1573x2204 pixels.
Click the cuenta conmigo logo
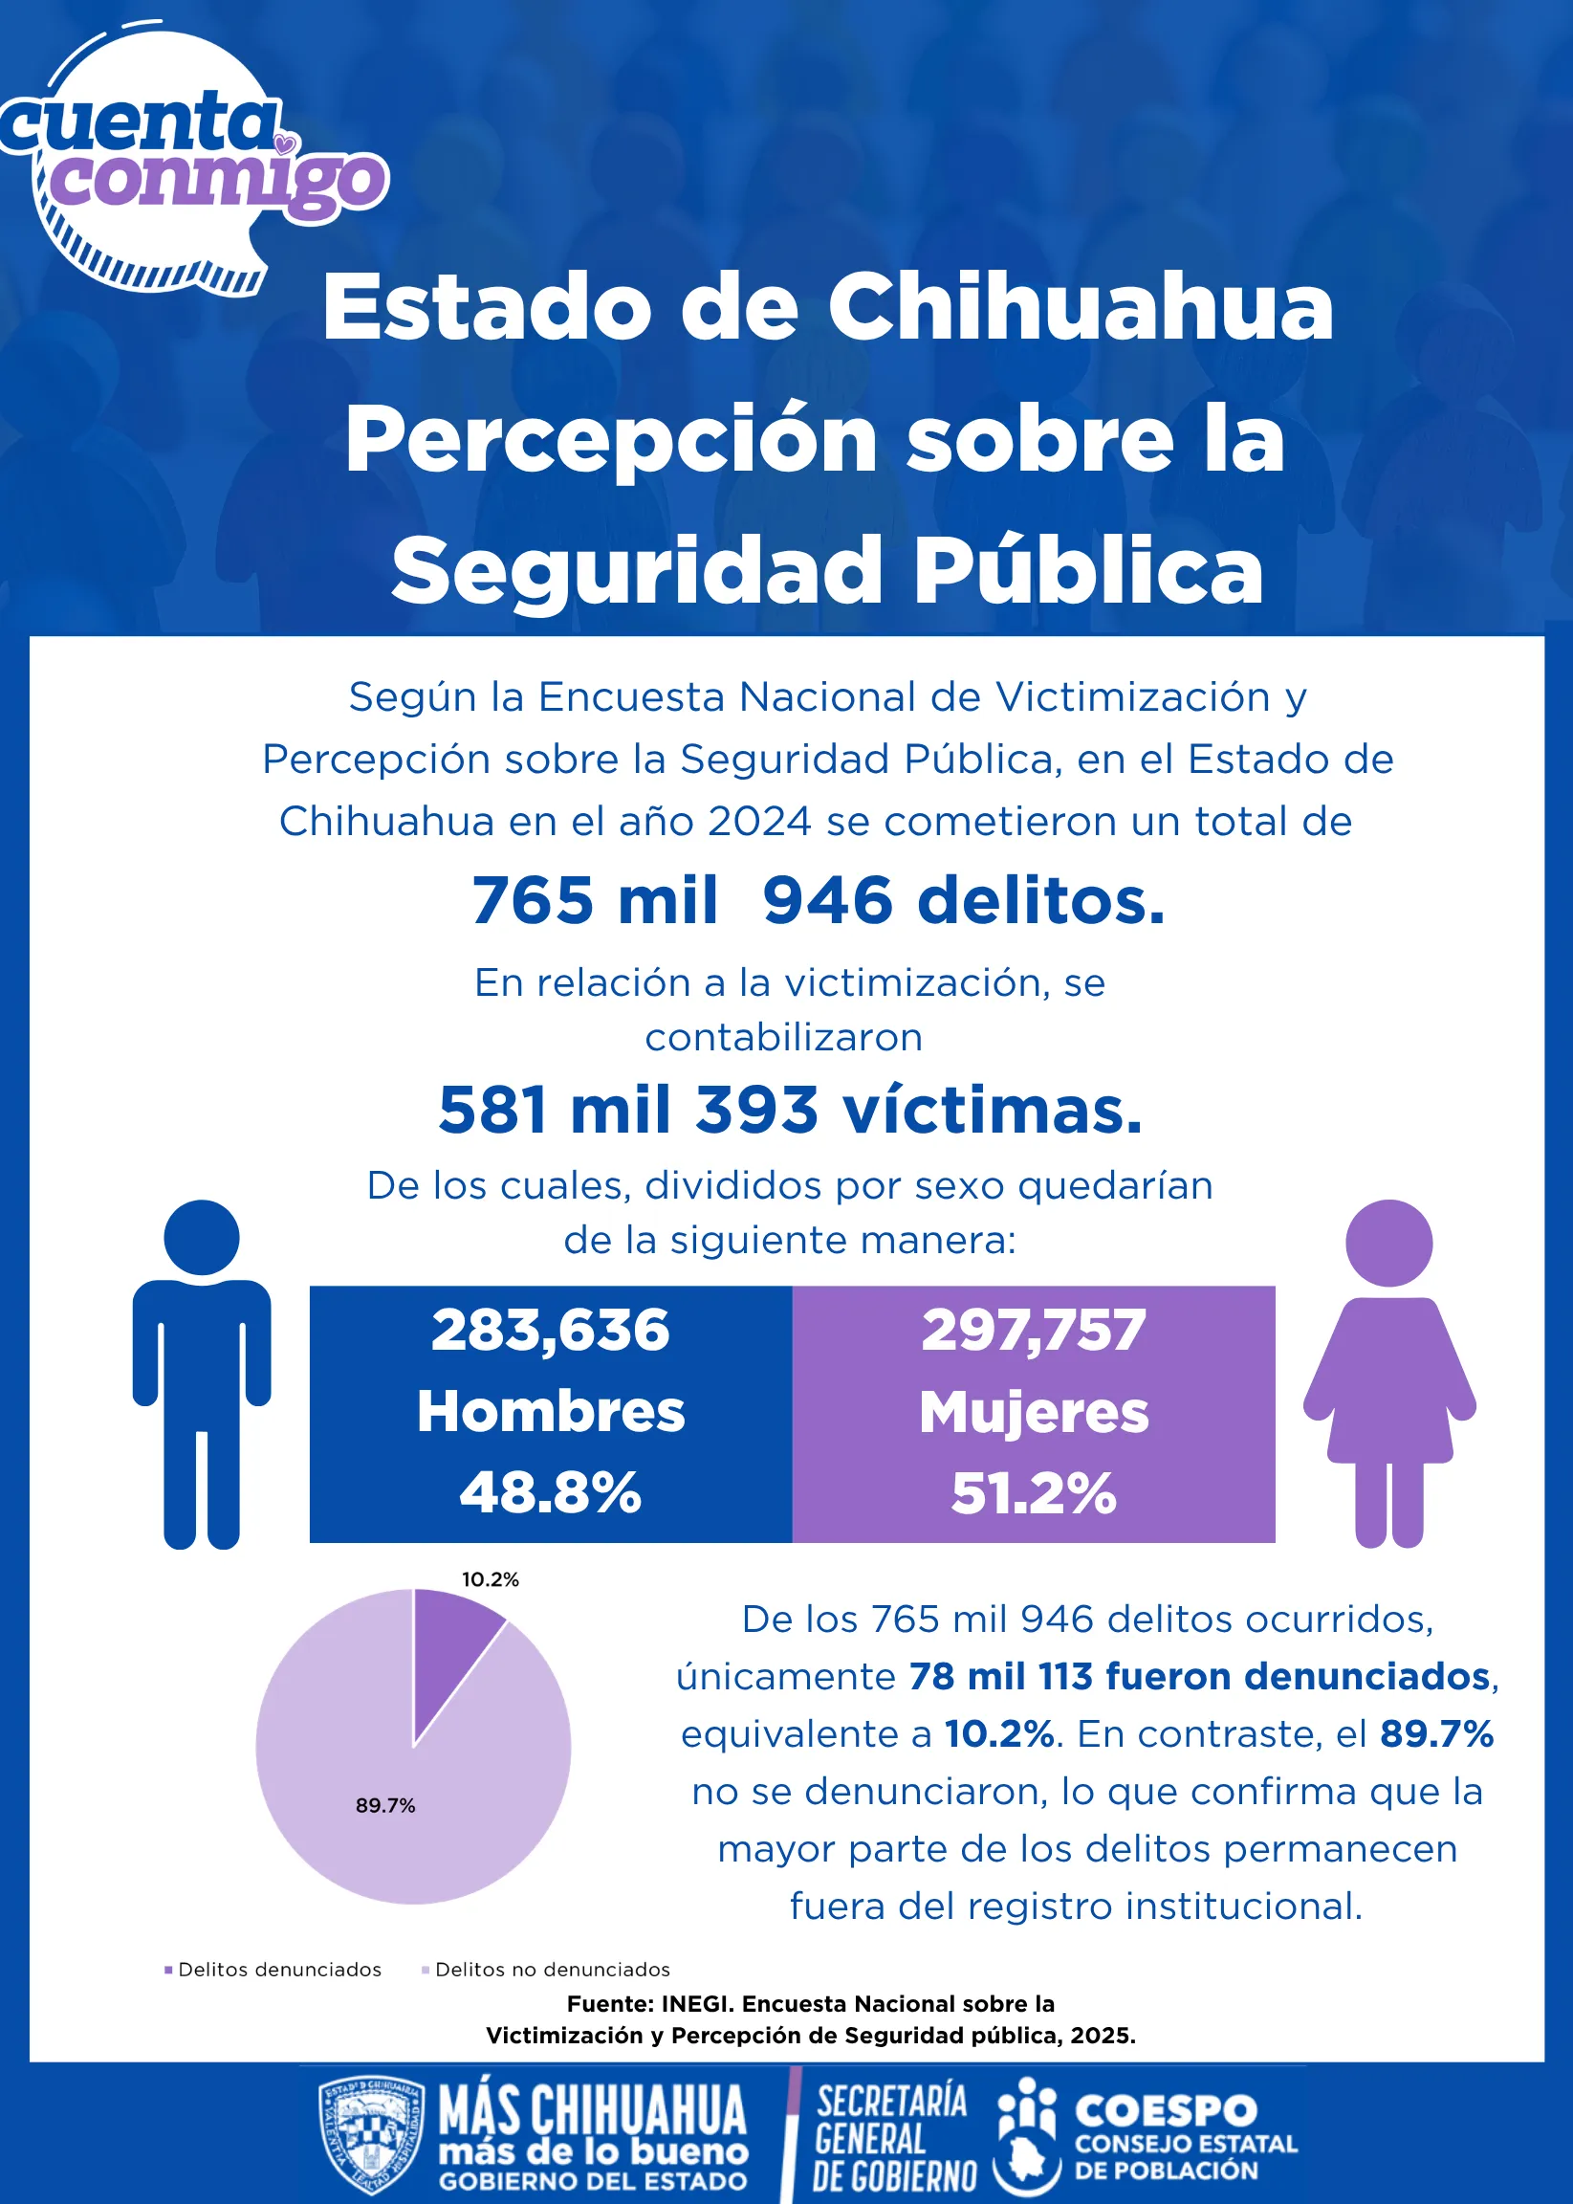tap(194, 160)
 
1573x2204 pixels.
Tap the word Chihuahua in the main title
tap(1080, 307)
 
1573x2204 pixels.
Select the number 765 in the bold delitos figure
tap(533, 900)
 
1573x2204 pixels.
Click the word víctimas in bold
tap(993, 1110)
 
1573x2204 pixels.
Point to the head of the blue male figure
tap(202, 1237)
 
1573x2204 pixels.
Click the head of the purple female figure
tap(1389, 1243)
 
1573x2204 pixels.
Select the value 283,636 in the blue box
tap(550, 1331)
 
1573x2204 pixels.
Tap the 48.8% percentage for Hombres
tap(550, 1493)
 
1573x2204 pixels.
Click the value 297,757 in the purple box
tap(1034, 1331)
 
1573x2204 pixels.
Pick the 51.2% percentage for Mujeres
tap(1034, 1493)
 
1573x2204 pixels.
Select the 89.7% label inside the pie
tap(385, 1805)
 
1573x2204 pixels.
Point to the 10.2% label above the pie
tap(491, 1579)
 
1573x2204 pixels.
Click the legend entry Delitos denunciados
tap(273, 1970)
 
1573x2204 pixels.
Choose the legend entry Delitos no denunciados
tap(546, 1970)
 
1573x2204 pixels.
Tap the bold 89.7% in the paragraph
tap(1436, 1734)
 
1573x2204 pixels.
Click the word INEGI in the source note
tap(691, 2003)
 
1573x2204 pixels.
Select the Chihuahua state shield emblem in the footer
tap(371, 2136)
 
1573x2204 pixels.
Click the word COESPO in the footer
tap(1167, 2110)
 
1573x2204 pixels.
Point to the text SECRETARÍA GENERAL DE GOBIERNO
tap(894, 2138)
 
